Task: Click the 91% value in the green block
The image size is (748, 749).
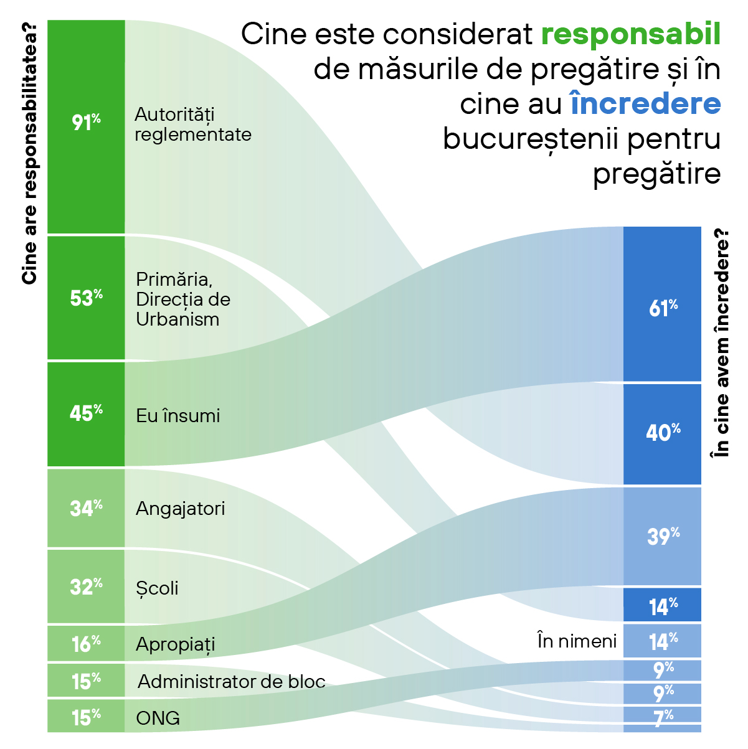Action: coord(86,122)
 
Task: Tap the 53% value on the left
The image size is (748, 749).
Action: coord(86,298)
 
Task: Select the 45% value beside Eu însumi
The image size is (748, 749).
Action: coord(86,413)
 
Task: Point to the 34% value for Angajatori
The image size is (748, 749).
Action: coord(86,508)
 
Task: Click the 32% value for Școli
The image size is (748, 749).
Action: coord(86,586)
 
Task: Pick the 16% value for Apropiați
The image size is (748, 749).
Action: coord(86,643)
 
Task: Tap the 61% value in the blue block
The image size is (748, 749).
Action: coord(663,308)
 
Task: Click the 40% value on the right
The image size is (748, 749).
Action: coord(663,432)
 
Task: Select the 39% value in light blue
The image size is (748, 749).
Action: coord(663,535)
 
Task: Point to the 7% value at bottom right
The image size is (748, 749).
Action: coord(663,717)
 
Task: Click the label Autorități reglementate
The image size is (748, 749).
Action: coord(193,125)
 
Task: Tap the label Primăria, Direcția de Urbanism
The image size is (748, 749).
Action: coord(183,299)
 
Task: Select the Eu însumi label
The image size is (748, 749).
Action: coord(178,416)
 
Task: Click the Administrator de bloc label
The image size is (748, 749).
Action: coord(232,682)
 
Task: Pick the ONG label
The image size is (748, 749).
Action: coord(158,718)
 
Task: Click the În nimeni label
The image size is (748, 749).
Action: coord(577,641)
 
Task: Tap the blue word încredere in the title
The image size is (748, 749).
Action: coord(645,104)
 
